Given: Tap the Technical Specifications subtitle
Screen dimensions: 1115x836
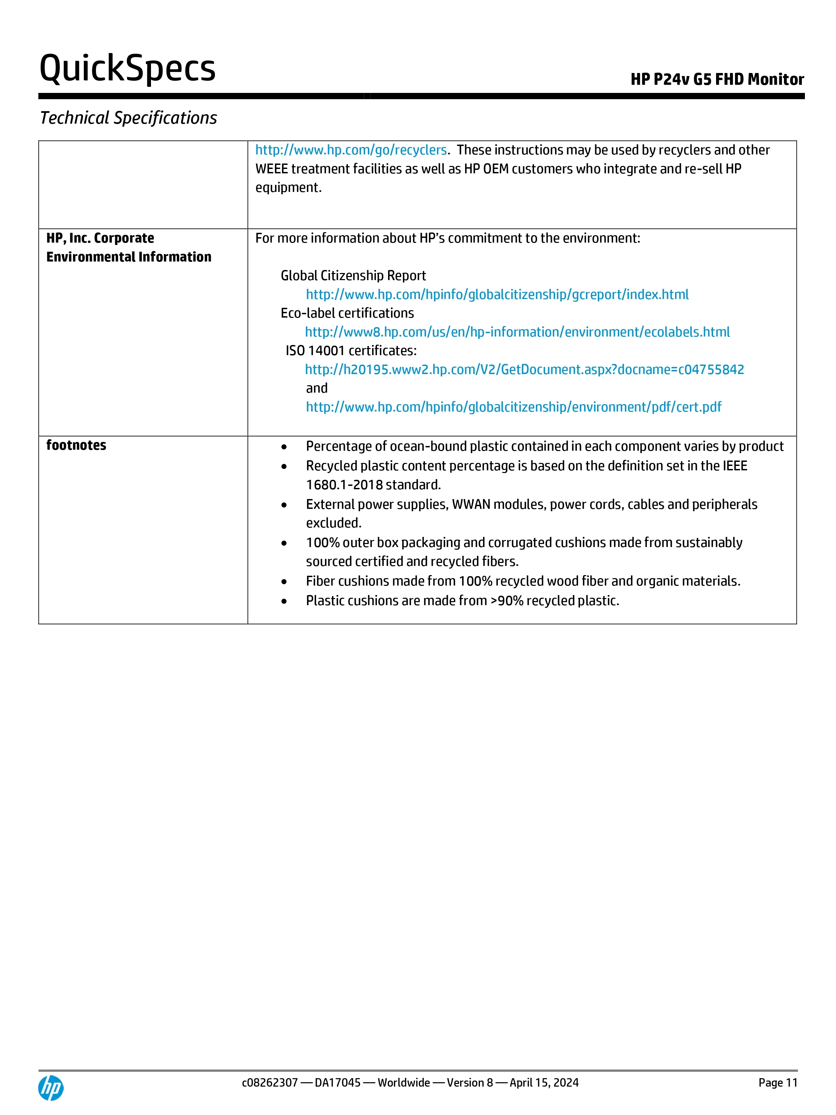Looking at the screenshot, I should tap(128, 118).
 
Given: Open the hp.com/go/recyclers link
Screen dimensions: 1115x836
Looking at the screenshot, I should tap(351, 150).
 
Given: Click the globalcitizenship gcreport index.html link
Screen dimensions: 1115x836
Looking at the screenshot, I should tap(497, 294).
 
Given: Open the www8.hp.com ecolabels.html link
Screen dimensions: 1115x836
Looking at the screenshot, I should tap(517, 332).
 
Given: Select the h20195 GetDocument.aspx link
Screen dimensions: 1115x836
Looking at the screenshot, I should tap(524, 370).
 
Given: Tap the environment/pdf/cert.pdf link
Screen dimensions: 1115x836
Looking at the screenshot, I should tap(513, 407).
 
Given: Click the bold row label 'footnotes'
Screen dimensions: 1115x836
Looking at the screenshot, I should tap(76, 445).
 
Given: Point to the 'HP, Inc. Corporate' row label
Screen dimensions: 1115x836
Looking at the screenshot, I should tap(100, 238).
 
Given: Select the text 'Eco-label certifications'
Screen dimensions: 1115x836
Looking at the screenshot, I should tap(347, 313).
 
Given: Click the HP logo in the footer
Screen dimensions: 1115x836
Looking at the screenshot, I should tap(51, 1088).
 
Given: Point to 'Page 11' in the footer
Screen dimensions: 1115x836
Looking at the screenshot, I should tap(778, 1083).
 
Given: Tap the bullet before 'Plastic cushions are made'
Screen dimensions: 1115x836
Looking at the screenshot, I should tap(284, 601).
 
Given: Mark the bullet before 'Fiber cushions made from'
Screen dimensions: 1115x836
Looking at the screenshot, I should tap(284, 582).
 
